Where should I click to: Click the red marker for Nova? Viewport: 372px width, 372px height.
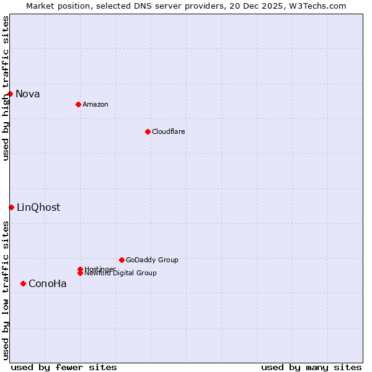(x=11, y=94)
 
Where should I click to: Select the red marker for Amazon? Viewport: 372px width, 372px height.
(x=78, y=104)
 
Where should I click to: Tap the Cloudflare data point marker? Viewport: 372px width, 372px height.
(x=148, y=131)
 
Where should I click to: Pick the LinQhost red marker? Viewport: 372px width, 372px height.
(x=11, y=207)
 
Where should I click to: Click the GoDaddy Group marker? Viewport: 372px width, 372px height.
(x=122, y=260)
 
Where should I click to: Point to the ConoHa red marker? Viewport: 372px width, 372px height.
(x=23, y=283)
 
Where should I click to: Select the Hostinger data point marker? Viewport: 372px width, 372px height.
(x=80, y=269)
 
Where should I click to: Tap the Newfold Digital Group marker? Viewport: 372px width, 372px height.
(x=80, y=273)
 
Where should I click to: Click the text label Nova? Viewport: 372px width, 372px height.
(x=28, y=94)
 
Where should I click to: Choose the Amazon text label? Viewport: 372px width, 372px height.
(x=95, y=104)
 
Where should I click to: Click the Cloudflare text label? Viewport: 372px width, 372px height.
(x=168, y=131)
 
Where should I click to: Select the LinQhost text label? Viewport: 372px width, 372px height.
(x=38, y=208)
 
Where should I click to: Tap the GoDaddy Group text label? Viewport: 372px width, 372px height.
(x=152, y=260)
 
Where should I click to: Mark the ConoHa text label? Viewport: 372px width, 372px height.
(x=48, y=284)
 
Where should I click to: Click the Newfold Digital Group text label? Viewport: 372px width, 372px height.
(x=120, y=273)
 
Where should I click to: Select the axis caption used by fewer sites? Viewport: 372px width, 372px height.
(x=64, y=367)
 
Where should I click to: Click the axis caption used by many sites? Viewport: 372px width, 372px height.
(x=311, y=367)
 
